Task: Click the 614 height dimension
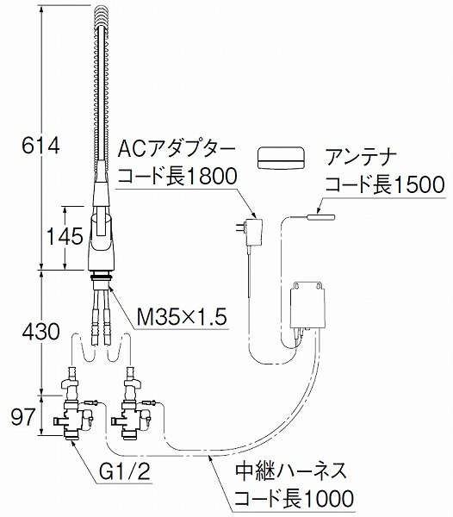point(40,146)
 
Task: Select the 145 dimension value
point(65,236)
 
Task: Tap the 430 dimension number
point(40,332)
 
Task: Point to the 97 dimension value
point(23,416)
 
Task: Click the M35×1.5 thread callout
point(182,318)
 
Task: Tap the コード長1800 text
point(177,177)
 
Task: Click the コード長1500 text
point(385,184)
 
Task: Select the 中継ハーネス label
point(291,470)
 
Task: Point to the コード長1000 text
point(294,497)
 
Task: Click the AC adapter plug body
point(254,233)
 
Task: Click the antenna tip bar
point(321,217)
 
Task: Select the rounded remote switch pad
point(281,158)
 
